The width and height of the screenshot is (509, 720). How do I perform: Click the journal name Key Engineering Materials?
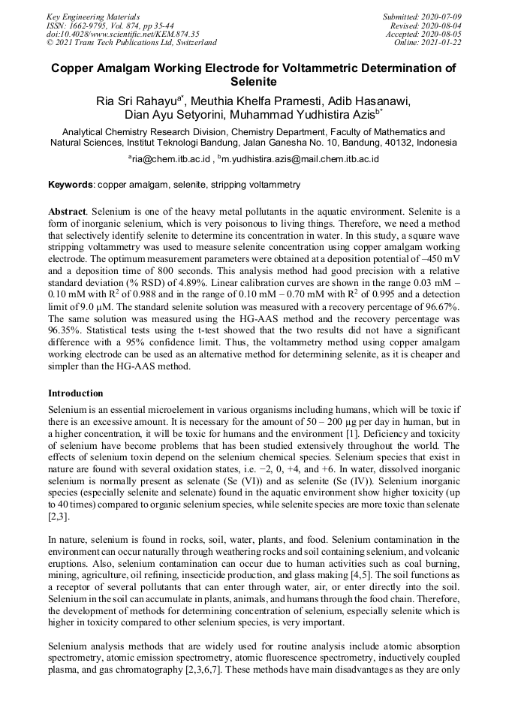[93, 17]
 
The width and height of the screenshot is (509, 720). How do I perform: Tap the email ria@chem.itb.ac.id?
[168, 159]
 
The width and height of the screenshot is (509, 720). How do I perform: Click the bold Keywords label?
[71, 185]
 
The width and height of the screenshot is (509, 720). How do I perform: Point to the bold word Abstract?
[68, 212]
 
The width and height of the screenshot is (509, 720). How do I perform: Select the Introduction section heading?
[76, 393]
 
